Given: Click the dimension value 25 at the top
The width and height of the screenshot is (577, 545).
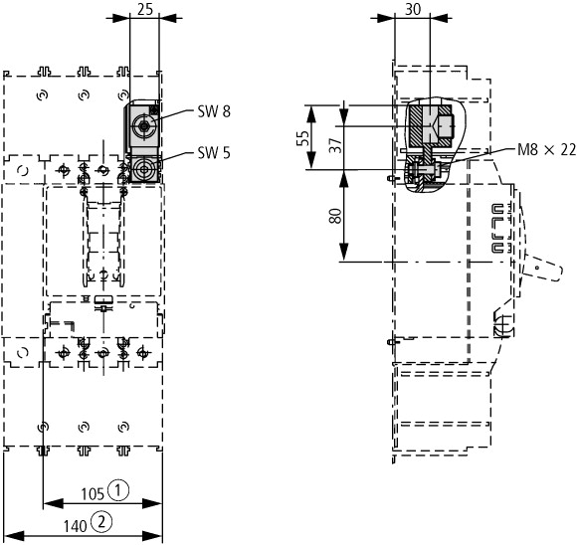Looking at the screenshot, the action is (145, 9).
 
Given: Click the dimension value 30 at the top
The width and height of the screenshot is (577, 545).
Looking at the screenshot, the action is (413, 9).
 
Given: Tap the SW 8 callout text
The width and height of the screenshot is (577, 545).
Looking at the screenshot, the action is (214, 111).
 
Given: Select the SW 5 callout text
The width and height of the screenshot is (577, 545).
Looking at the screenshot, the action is (214, 152).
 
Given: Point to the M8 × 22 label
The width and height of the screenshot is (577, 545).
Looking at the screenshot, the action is (546, 149).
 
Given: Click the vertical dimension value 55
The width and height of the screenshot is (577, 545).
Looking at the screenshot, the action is (303, 138).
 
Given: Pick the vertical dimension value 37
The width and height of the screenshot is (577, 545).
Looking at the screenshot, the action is (335, 145).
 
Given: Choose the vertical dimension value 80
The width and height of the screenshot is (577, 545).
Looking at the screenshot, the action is (335, 216).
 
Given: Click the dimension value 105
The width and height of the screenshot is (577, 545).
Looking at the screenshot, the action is (93, 494).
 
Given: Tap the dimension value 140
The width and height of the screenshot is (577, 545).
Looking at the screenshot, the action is (76, 526).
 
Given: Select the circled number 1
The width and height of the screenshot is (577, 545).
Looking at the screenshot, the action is (118, 490).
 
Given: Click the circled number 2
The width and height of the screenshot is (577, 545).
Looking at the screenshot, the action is (101, 522).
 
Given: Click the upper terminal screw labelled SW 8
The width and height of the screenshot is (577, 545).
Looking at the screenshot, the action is (144, 126).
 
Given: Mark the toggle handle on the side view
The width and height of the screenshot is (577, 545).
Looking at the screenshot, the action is (542, 268).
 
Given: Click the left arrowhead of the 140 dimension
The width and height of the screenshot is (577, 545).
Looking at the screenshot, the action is (14, 536).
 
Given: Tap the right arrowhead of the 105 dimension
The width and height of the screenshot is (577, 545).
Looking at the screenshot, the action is (152, 503).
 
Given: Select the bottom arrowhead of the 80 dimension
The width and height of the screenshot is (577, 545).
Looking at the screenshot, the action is (343, 251).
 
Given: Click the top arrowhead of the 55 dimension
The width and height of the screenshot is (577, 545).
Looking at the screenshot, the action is (311, 114).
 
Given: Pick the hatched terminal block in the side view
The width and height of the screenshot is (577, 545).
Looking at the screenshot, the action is (430, 126).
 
